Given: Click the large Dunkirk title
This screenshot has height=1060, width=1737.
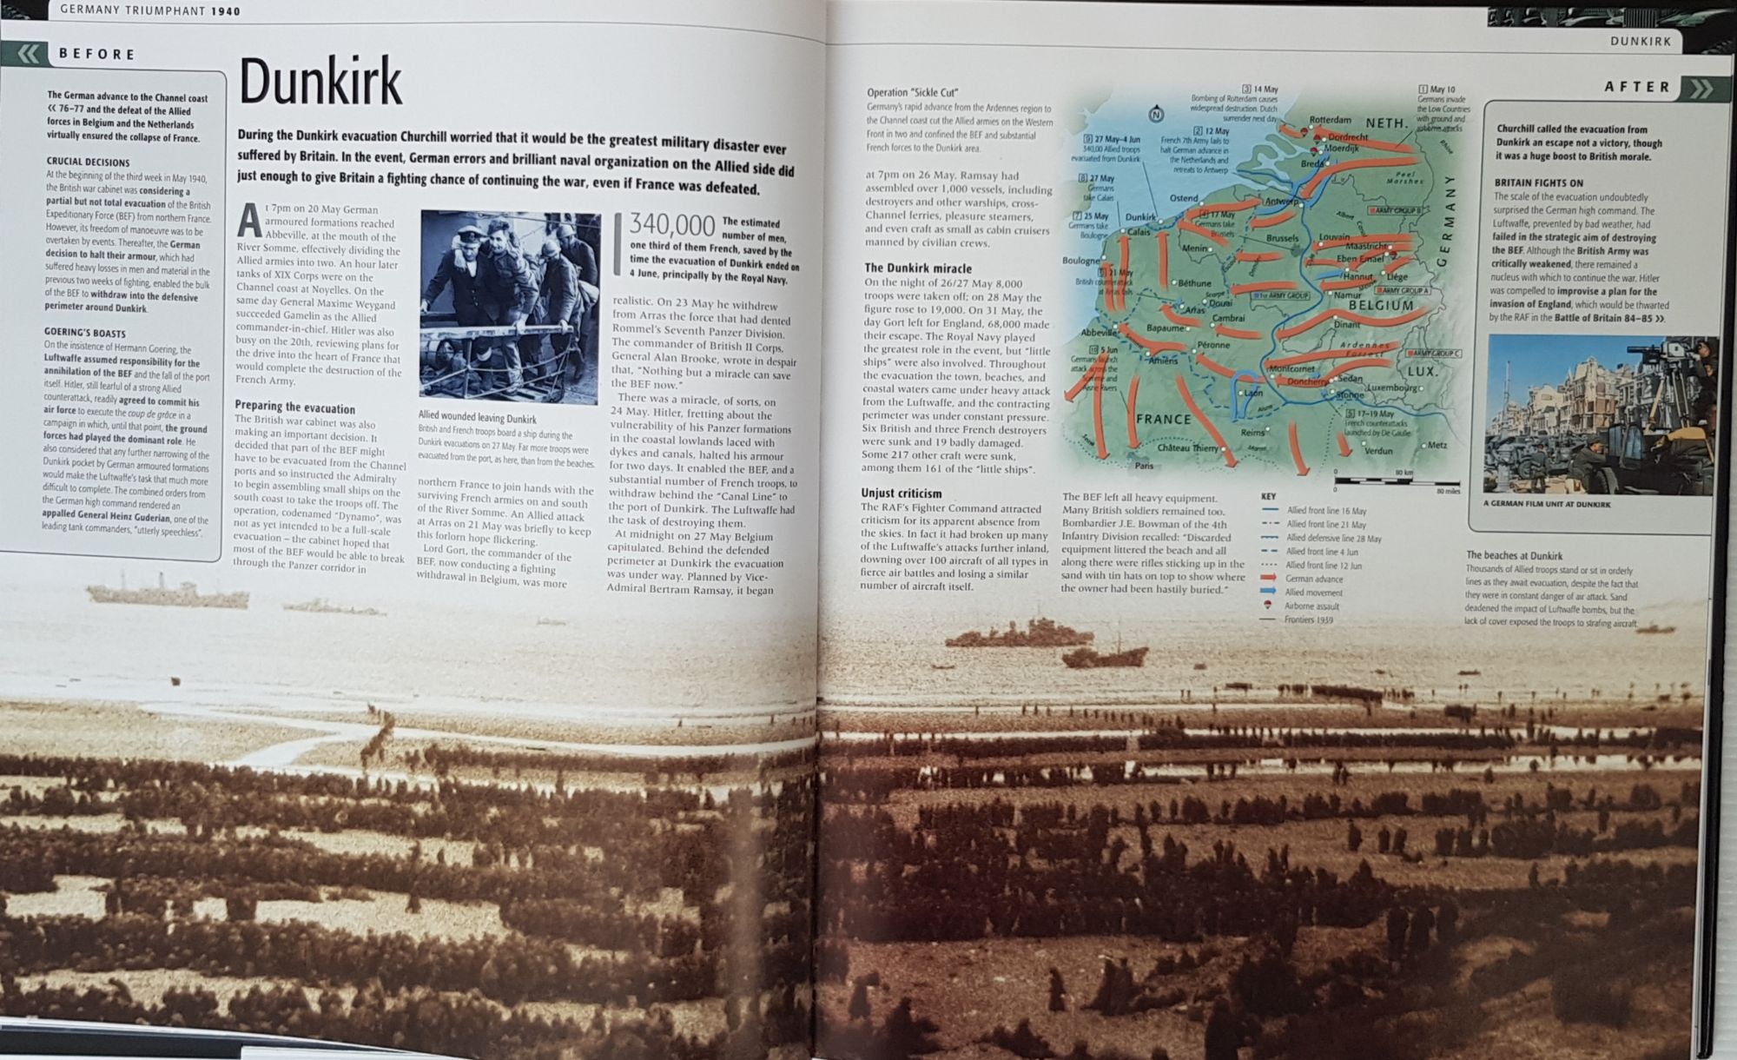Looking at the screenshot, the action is point(320,83).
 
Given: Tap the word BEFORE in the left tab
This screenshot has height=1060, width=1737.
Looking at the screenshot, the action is point(97,54).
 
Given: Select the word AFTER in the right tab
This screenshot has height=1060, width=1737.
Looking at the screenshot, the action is point(1637,87).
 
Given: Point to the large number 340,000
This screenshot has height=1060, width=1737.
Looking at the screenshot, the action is point(672,225).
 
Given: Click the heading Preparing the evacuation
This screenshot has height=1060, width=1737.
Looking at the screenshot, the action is point(294,407).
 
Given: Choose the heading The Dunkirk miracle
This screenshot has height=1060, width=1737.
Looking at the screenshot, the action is point(918,268).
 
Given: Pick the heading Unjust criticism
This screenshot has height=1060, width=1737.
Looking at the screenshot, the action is point(901,494).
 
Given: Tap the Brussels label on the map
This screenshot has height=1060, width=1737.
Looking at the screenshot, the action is point(1282,238).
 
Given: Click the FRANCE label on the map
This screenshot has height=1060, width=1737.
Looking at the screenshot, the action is point(1164,419).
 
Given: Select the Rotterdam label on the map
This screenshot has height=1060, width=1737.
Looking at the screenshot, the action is point(1330,120).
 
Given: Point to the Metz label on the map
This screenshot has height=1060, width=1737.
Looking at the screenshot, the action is point(1436,445).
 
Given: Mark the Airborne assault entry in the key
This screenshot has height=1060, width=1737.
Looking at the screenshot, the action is point(1311,606).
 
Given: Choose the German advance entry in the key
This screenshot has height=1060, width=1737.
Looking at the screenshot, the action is point(1313,579).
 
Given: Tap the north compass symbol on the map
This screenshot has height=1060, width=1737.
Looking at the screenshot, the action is point(1155,114).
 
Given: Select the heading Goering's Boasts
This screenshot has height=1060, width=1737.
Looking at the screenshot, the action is point(85,333).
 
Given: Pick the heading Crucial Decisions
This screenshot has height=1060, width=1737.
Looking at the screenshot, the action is point(88,162).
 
